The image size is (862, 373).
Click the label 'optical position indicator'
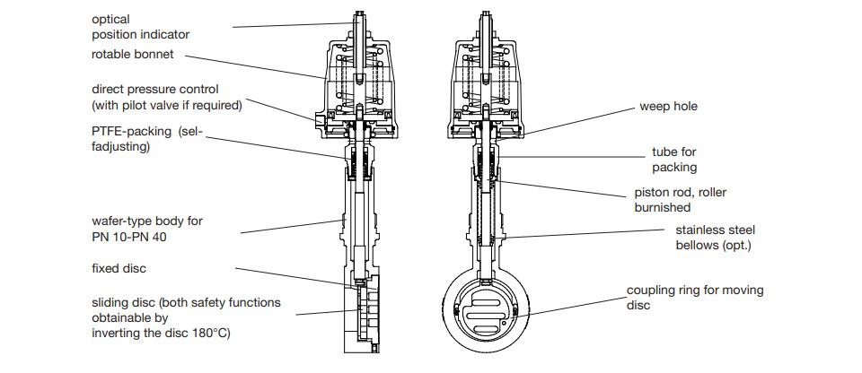point(140,27)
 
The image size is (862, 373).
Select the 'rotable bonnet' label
point(133,55)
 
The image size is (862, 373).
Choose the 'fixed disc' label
point(119,268)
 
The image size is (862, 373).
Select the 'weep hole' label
point(668,107)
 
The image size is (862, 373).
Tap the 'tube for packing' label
point(673,160)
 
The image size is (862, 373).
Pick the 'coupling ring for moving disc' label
point(695,298)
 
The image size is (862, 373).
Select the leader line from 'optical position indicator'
point(296,24)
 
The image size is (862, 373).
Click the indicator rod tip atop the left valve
point(358,14)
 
